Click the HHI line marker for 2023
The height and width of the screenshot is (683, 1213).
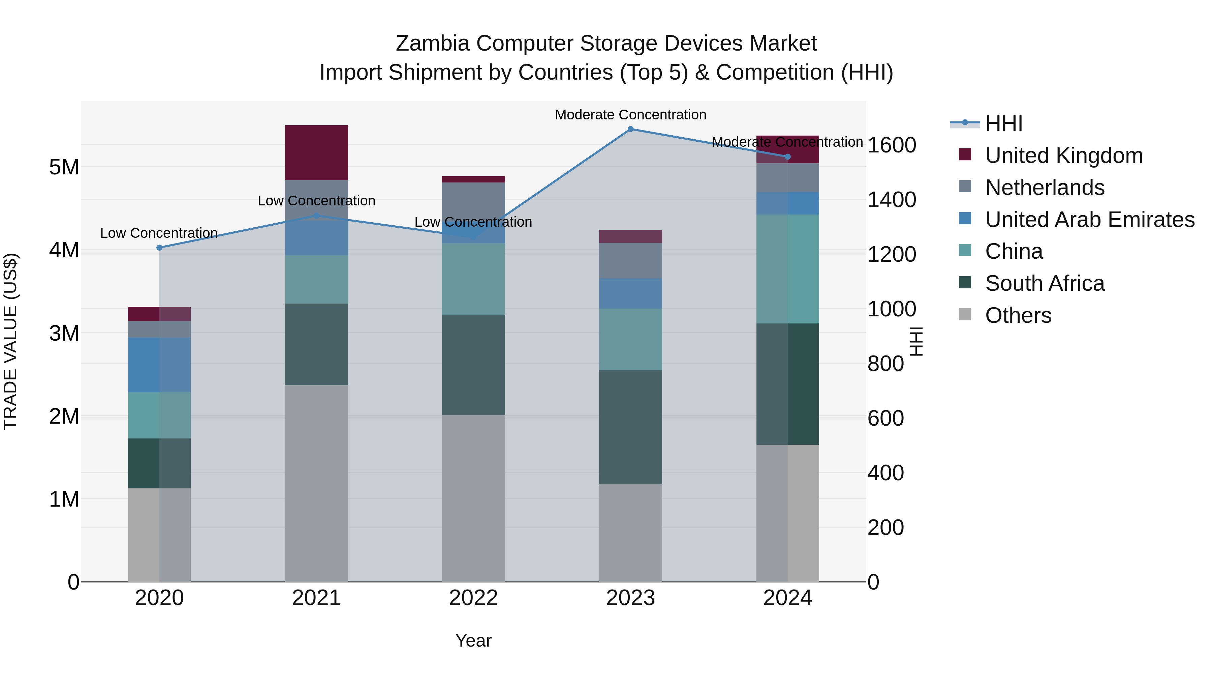coord(630,129)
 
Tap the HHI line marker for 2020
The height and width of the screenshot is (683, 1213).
coord(159,248)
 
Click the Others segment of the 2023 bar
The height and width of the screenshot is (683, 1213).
coord(630,533)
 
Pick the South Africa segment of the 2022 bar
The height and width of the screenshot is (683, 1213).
coord(473,365)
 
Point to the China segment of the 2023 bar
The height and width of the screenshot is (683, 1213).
coord(630,339)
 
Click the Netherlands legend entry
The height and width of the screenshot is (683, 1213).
coord(1045,188)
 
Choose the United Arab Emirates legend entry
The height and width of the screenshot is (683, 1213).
coord(1089,220)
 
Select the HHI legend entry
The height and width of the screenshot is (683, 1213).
coord(1003,123)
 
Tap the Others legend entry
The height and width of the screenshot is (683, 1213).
coord(1018,315)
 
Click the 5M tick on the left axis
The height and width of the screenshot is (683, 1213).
coord(64,167)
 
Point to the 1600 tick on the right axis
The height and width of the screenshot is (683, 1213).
coord(891,145)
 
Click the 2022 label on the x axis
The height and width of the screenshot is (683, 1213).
coord(473,598)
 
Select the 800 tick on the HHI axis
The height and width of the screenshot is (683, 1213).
coord(885,364)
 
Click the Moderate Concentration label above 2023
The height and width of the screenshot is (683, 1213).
coord(630,115)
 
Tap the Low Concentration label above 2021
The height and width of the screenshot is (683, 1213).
coord(316,201)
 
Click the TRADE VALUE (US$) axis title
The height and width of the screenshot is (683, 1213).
coord(10,341)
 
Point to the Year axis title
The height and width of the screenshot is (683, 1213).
coord(473,641)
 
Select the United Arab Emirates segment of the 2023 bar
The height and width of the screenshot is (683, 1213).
coord(630,294)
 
